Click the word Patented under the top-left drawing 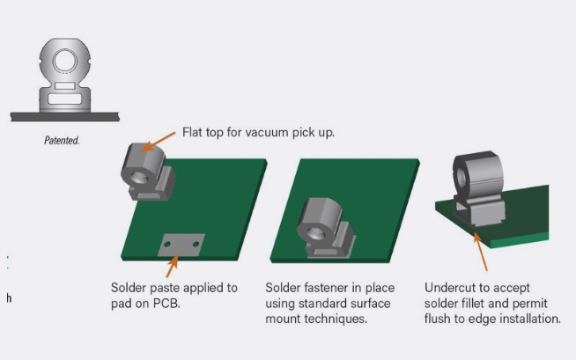point(62,140)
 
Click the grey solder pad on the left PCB point(181,243)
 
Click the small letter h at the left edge point(9,298)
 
